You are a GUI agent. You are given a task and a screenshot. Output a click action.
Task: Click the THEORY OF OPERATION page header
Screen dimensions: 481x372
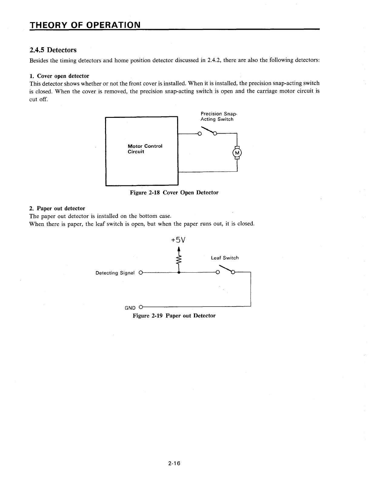pyautogui.click(x=85, y=24)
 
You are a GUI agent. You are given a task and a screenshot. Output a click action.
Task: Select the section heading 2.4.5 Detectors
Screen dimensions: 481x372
pyautogui.click(x=53, y=50)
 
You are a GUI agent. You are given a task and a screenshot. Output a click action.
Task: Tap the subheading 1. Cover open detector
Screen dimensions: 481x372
pyautogui.click(x=59, y=76)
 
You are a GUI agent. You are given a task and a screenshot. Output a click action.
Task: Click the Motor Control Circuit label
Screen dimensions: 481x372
pyautogui.click(x=145, y=149)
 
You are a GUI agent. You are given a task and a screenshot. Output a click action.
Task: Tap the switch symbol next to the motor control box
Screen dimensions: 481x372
pyautogui.click(x=207, y=132)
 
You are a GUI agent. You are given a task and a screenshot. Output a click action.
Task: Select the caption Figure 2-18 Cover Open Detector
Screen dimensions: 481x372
pyautogui.click(x=174, y=192)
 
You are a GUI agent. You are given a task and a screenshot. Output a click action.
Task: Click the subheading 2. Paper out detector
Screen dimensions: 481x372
pyautogui.click(x=57, y=208)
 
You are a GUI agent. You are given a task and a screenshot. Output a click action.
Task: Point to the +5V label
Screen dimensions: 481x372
pyautogui.click(x=178, y=240)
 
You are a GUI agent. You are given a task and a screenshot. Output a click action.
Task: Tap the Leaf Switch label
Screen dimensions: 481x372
pyautogui.click(x=225, y=258)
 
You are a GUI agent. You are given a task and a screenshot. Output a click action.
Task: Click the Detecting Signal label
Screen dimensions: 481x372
pyautogui.click(x=115, y=273)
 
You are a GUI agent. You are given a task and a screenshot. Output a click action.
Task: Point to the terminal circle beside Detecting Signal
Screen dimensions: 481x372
pyautogui.click(x=140, y=273)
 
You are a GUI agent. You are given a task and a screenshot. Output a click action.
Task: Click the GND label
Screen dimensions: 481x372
pyautogui.click(x=130, y=308)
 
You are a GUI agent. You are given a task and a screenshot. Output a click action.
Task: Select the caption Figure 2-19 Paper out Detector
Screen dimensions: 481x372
pyautogui.click(x=174, y=316)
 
